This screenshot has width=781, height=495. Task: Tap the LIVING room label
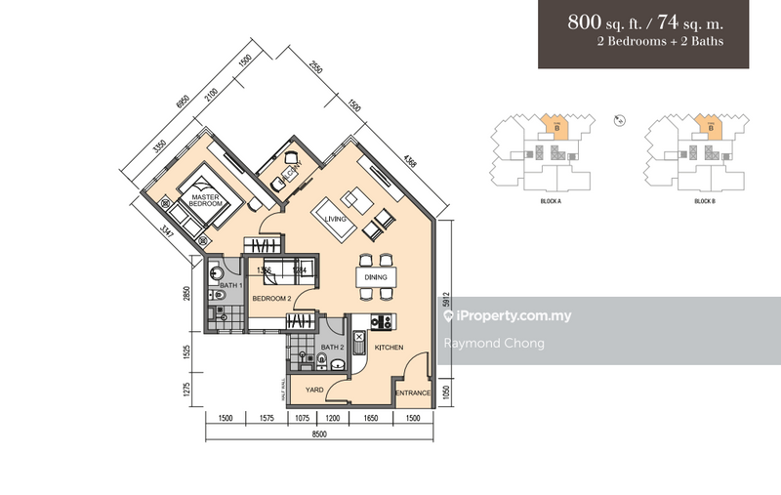click(x=336, y=220)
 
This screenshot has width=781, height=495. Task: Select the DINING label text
click(x=376, y=277)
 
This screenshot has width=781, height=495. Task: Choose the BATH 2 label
click(x=332, y=347)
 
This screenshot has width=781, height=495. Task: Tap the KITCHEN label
click(x=390, y=347)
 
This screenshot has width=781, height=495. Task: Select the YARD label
click(x=314, y=389)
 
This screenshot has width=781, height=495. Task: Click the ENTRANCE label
click(x=412, y=393)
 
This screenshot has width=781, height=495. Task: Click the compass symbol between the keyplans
click(x=620, y=120)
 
